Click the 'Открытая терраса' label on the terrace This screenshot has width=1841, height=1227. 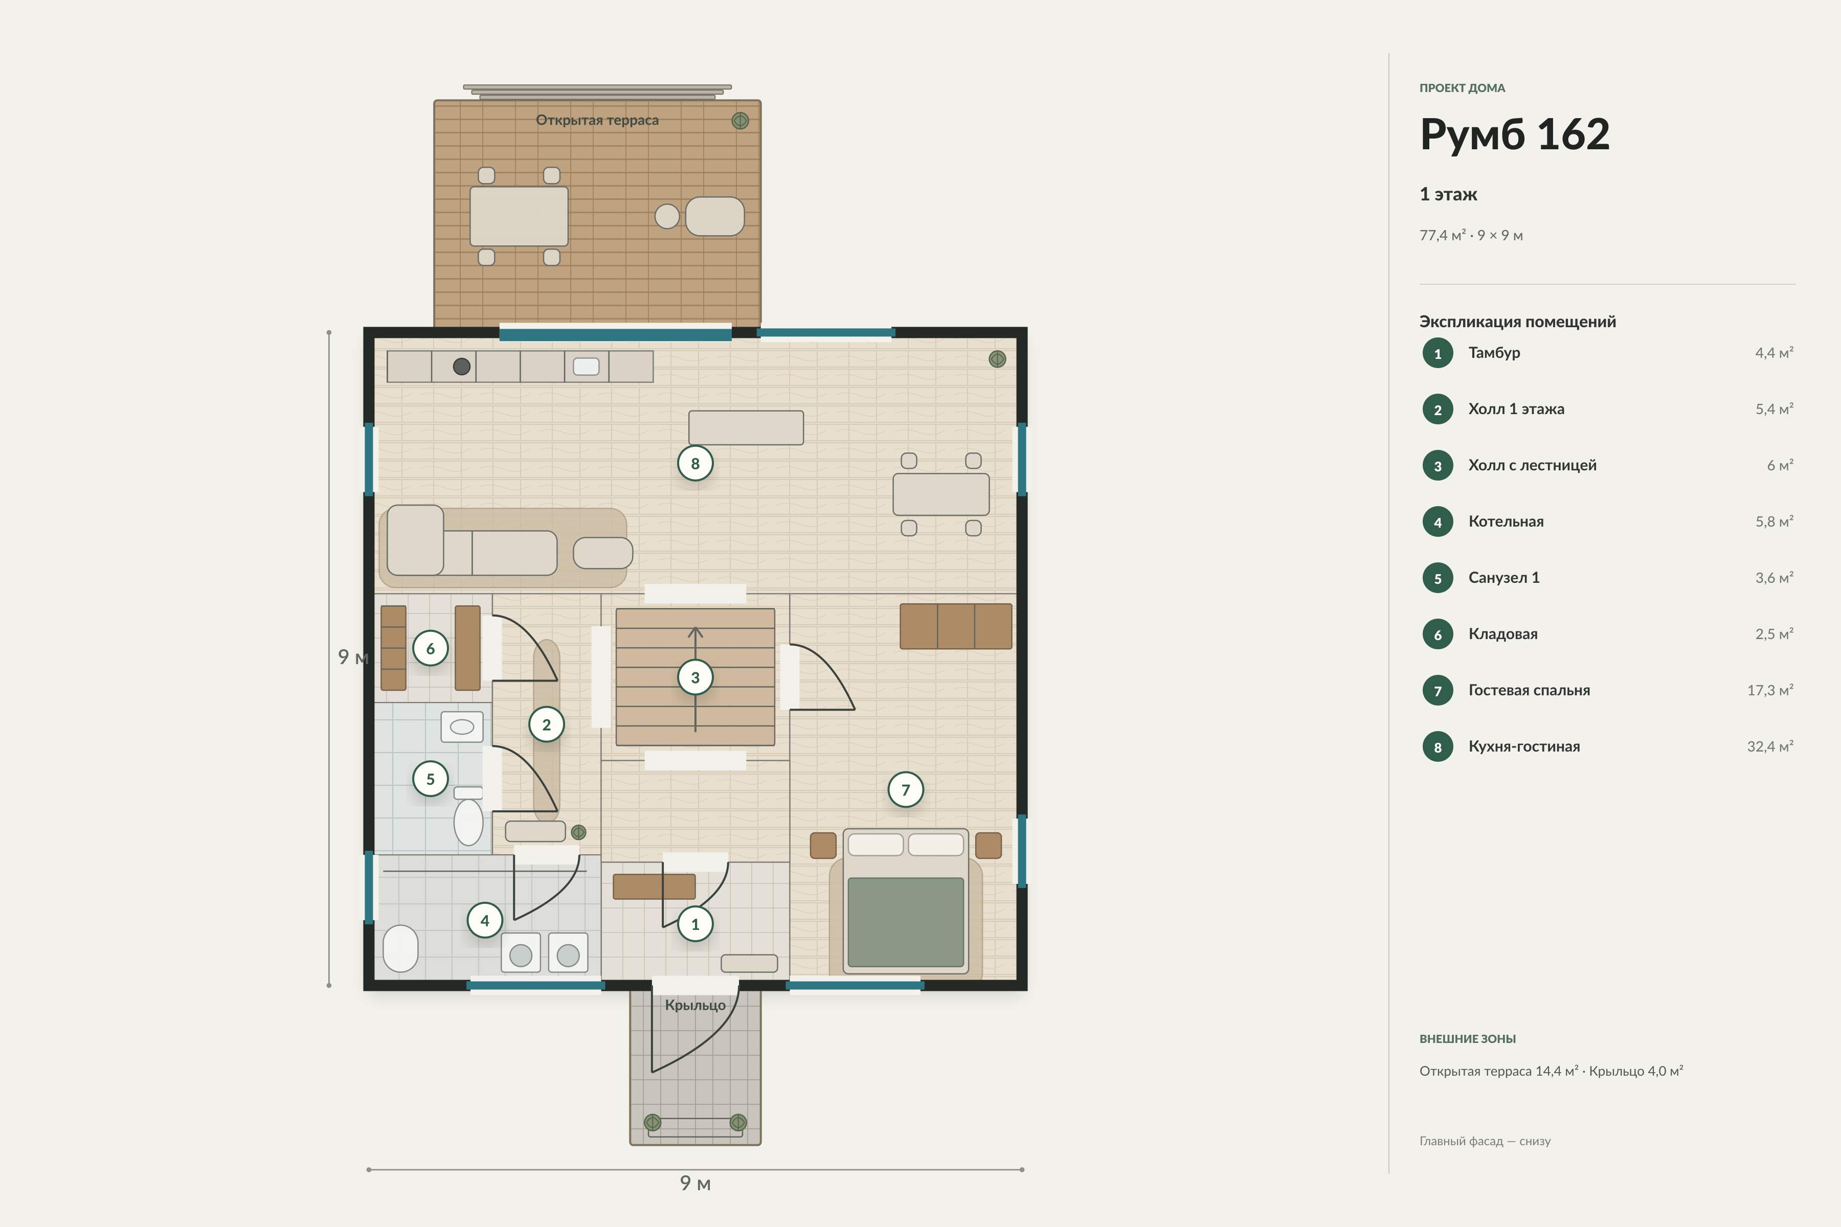pos(597,120)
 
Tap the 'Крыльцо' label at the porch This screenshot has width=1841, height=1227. pos(695,1005)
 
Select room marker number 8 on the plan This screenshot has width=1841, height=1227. pos(695,463)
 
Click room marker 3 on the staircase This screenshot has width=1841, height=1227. pos(695,678)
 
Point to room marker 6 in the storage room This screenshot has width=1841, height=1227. pos(431,648)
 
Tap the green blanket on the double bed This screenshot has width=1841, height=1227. pos(906,922)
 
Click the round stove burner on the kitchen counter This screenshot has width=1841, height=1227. pos(462,366)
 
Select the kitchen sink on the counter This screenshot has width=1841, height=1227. pos(586,366)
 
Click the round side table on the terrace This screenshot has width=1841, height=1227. pos(667,216)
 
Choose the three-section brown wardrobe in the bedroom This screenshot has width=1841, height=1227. pos(956,626)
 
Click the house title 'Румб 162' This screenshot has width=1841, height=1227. pos(1515,134)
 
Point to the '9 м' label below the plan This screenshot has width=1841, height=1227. pos(695,1183)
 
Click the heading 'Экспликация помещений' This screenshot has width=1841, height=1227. pos(1518,322)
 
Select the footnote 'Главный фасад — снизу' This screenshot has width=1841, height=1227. pos(1485,1141)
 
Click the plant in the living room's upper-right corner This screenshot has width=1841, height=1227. pos(997,359)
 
